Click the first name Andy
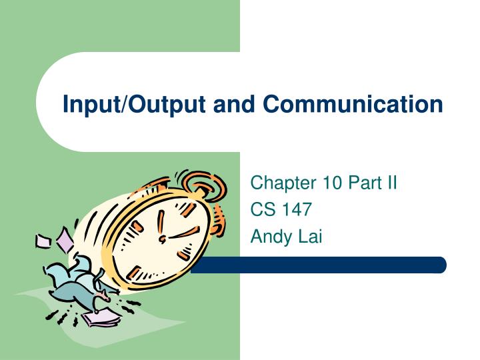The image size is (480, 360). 268,237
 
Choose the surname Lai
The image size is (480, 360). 307,236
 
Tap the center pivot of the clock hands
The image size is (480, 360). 161,239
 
